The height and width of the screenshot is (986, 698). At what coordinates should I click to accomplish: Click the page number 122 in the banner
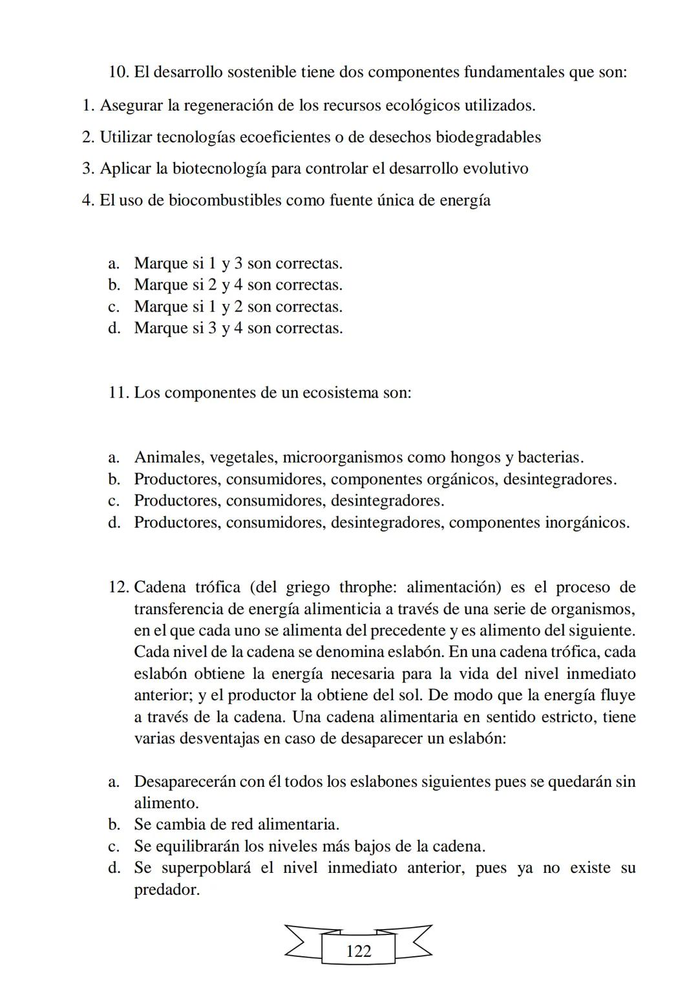point(359,951)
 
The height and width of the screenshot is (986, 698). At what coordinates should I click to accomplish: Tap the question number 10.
point(119,72)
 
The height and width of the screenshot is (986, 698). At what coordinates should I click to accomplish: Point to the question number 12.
point(119,587)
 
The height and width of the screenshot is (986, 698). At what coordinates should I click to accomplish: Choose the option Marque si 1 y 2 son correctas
point(238,306)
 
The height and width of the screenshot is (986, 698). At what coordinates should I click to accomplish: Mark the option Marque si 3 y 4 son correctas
point(238,328)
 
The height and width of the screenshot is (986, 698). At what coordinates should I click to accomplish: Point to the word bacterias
point(551,458)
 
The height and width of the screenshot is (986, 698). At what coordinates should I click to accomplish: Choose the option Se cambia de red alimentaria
point(237,824)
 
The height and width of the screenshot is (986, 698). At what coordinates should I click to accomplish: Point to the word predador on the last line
point(166,890)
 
